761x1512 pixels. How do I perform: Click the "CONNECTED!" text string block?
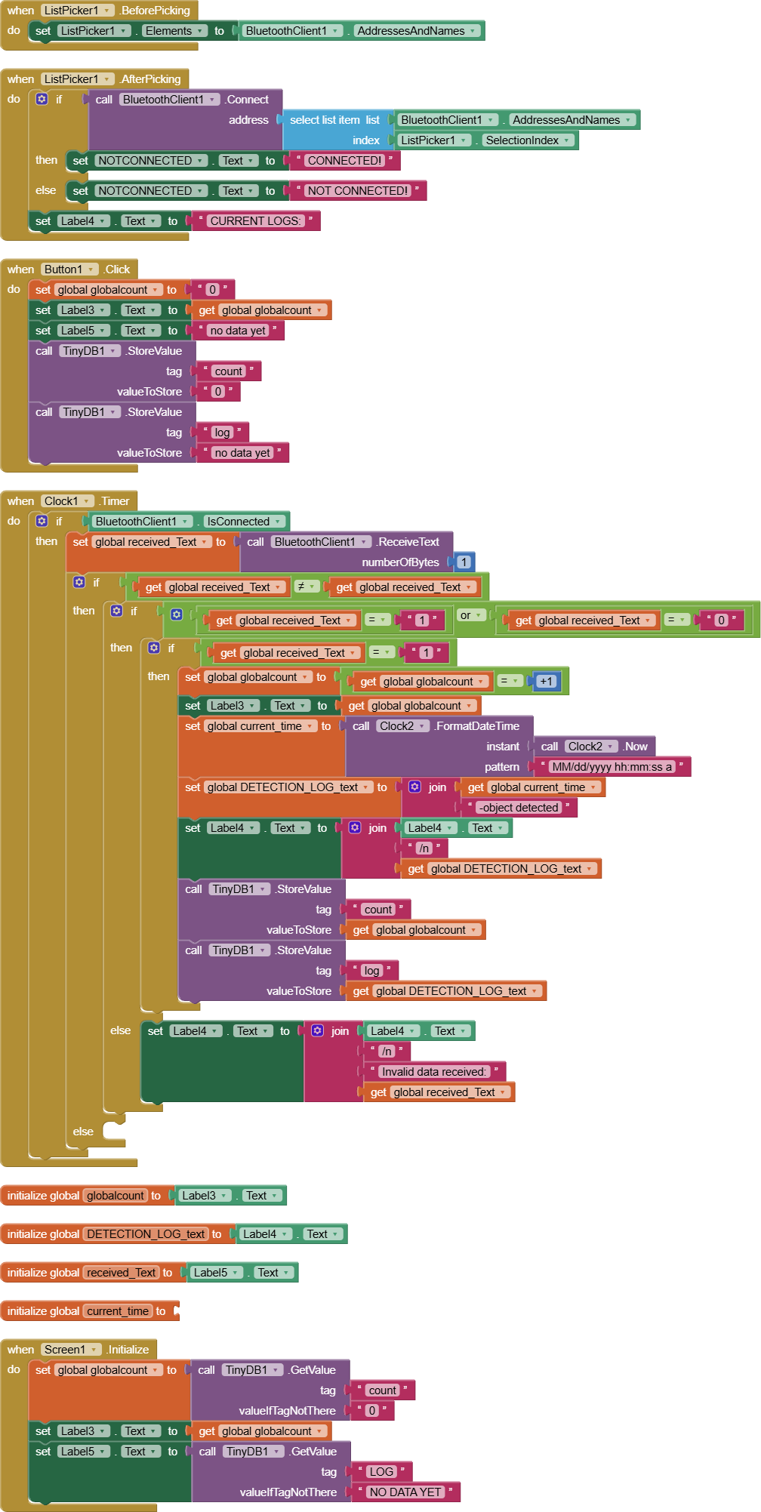point(344,161)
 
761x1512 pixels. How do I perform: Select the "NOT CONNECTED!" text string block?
point(358,191)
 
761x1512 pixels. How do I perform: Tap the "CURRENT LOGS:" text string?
point(255,221)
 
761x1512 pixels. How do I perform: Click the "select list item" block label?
point(325,120)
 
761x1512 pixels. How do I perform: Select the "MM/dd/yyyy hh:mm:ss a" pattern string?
point(612,767)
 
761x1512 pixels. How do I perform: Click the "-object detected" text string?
point(519,808)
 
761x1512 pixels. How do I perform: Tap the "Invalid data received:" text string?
point(433,1072)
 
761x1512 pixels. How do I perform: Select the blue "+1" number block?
point(546,682)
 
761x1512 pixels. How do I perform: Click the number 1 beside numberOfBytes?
point(464,562)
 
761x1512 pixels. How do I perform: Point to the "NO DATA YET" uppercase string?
point(405,1492)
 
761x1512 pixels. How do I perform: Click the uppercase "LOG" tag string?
point(380,1472)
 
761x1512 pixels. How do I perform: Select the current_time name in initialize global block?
point(118,1311)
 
